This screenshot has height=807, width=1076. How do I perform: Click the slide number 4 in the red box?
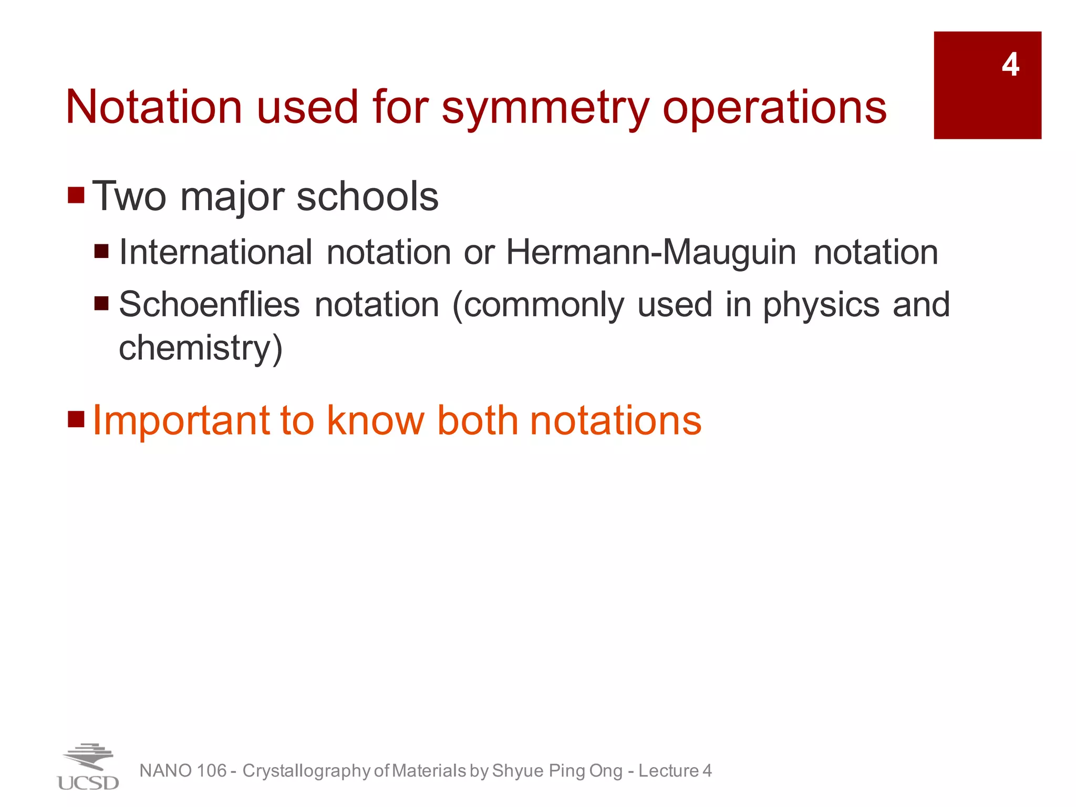click(x=1010, y=65)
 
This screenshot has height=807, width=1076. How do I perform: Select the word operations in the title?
click(x=774, y=108)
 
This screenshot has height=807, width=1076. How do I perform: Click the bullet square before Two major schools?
click(x=76, y=195)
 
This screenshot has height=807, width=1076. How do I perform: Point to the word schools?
click(x=367, y=196)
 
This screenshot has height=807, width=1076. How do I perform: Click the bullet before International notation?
click(x=101, y=251)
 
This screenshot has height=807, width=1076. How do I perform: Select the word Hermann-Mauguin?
click(x=651, y=252)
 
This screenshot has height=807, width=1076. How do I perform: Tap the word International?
click(x=216, y=252)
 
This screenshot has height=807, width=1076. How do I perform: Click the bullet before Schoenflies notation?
click(x=101, y=304)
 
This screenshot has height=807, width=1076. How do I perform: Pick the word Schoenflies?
click(x=210, y=305)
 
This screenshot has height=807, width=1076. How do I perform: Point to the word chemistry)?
click(x=201, y=348)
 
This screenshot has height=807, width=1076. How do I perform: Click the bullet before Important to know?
click(x=76, y=419)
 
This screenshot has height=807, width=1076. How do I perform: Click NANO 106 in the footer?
click(x=183, y=771)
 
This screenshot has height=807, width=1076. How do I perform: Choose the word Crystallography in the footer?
click(x=307, y=771)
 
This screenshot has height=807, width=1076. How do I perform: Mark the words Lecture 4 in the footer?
click(x=675, y=771)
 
